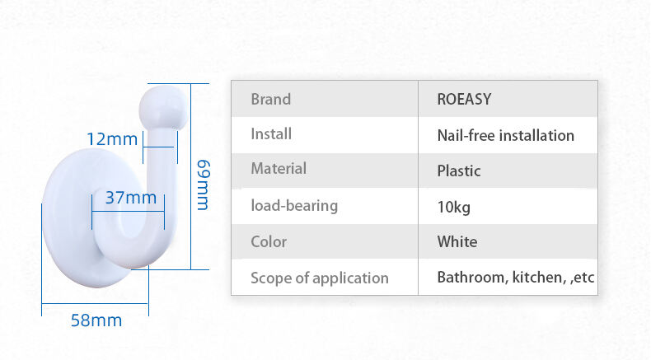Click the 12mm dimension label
tap(112, 139)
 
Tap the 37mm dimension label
tap(131, 198)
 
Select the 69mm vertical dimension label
tap(204, 185)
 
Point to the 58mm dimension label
tap(96, 320)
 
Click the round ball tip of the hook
tap(163, 108)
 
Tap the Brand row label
tap(270, 99)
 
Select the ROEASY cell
tap(464, 99)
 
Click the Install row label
tap(271, 133)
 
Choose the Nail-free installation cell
tap(506, 135)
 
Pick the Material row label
tap(279, 168)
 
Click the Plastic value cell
tap(459, 171)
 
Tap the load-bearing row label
tap(294, 205)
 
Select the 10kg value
tap(454, 207)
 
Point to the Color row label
tap(269, 241)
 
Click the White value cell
tap(457, 241)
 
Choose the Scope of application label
tap(320, 278)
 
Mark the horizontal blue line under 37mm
tap(128, 212)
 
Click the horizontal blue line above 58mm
tap(95, 303)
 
